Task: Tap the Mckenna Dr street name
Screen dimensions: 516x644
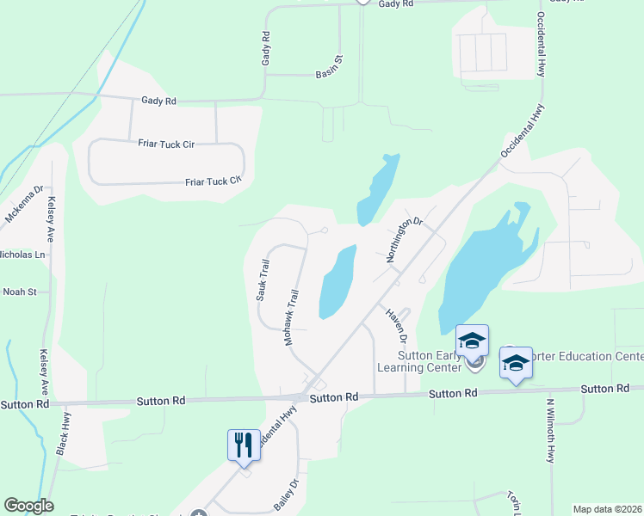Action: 24,205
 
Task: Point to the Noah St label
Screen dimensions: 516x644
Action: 19,292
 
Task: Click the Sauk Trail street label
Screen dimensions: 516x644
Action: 263,279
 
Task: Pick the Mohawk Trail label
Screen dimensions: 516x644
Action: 292,317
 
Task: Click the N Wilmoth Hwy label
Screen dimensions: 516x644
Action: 550,428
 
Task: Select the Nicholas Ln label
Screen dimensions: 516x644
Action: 26,255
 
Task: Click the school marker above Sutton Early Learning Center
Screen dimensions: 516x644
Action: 472,341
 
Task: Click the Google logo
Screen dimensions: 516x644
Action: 28,506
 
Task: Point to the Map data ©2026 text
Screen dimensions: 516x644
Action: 607,509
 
